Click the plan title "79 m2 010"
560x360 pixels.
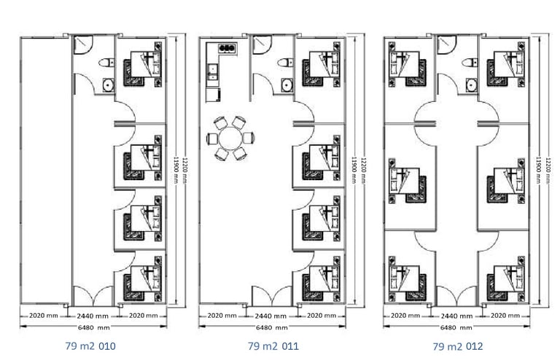[90, 345]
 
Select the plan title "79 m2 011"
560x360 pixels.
[273, 345]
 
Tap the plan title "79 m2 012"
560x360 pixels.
[458, 346]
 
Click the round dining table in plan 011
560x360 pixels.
[230, 138]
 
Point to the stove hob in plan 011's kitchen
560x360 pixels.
[227, 48]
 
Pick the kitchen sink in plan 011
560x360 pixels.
[212, 72]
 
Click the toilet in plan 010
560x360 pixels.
[106, 63]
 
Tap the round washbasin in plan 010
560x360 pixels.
[108, 85]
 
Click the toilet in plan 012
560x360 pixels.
[470, 63]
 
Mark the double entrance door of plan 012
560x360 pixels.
[456, 296]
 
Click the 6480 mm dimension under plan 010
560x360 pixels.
[93, 326]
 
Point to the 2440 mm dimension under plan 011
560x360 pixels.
[271, 316]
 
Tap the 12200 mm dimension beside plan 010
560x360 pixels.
[184, 170]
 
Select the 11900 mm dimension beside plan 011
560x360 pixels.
[354, 170]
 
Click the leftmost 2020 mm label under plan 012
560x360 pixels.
[405, 316]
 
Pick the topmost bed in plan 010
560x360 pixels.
[143, 64]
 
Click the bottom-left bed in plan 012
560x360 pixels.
[407, 278]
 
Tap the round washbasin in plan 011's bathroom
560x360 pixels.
[287, 85]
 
